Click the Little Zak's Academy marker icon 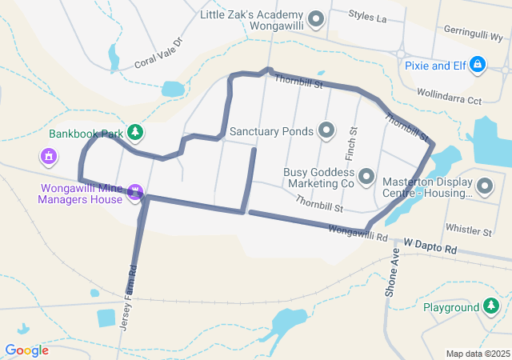[x=316, y=18]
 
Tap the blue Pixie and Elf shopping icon [x=478, y=63]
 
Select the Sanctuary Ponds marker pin [x=326, y=130]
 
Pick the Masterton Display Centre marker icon [x=484, y=187]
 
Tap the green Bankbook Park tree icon [x=136, y=131]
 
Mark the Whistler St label [x=469, y=232]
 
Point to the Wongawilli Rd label [x=358, y=234]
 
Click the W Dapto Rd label [x=430, y=245]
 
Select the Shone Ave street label [x=393, y=277]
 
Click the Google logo [x=26, y=350]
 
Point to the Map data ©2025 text [x=477, y=354]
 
